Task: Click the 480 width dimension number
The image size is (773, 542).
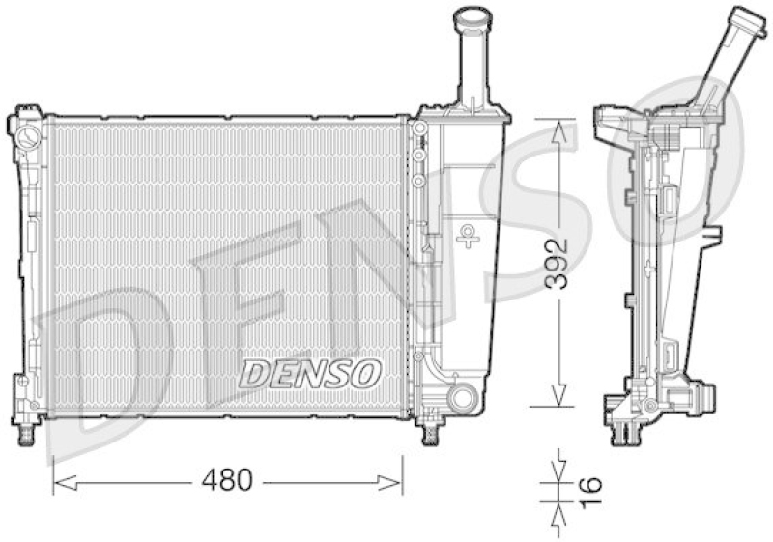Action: point(227,480)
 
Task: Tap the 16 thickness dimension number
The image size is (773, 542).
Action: point(590,492)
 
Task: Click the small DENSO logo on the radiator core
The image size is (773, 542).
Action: point(310,374)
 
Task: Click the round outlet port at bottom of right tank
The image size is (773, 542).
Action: point(463,397)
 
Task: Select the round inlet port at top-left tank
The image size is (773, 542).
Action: point(29,135)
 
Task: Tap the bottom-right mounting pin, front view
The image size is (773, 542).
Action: point(431,434)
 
